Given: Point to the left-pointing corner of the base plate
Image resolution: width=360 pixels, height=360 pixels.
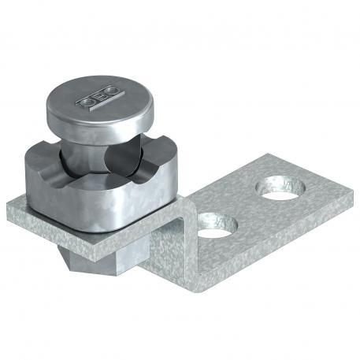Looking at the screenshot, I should tap(8, 206).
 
